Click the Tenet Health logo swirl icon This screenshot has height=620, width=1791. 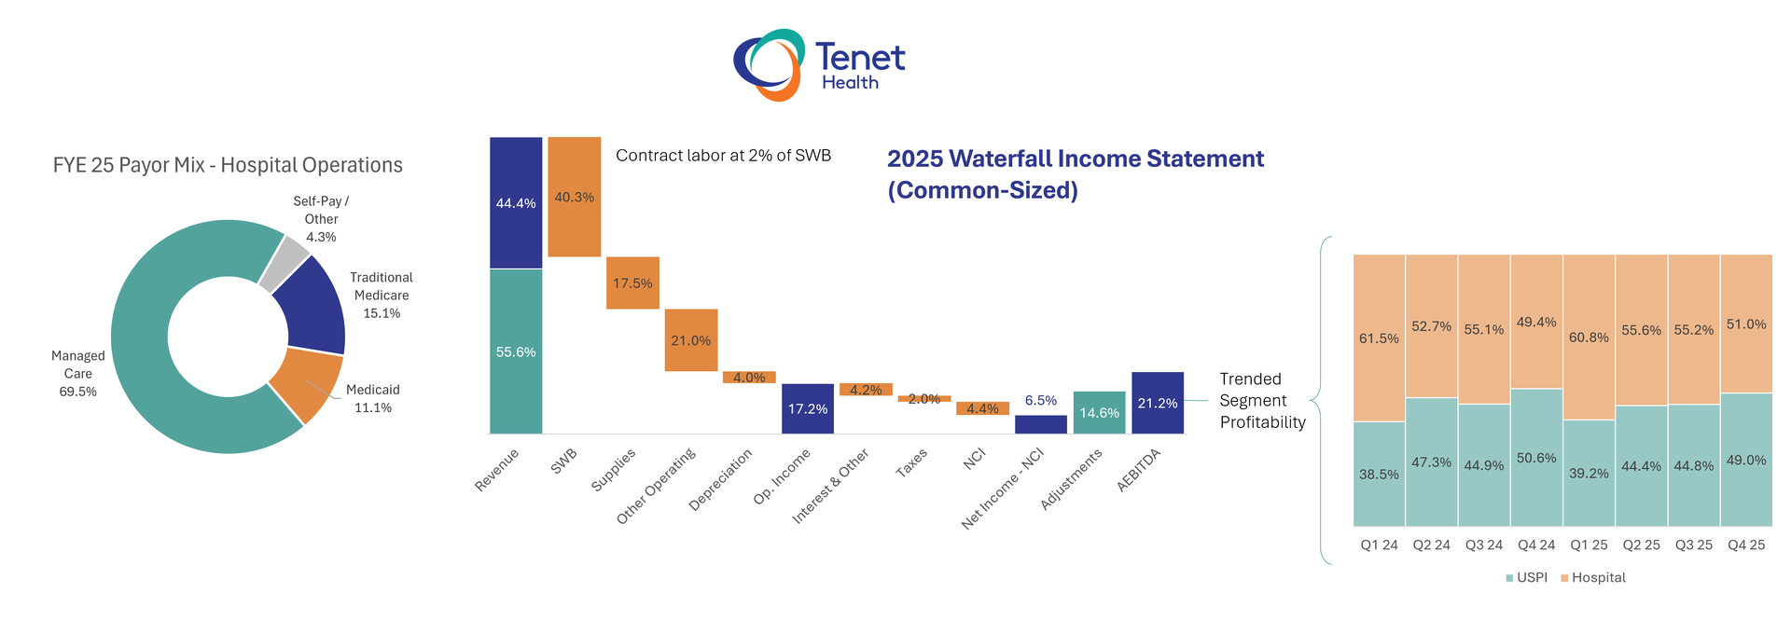(x=769, y=64)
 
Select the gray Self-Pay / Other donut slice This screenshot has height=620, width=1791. (x=284, y=264)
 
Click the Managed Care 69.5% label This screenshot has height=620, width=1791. (x=77, y=374)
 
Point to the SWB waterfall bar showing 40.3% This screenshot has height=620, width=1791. (x=574, y=197)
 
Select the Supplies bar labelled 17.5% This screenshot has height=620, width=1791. (x=632, y=282)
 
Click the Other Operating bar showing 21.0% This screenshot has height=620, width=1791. (x=690, y=340)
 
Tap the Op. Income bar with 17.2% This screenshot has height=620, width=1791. (x=807, y=408)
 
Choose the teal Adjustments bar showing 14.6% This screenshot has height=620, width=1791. (x=1099, y=412)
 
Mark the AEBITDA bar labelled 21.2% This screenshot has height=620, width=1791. (x=1157, y=403)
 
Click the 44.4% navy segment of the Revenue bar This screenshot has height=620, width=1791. (x=516, y=202)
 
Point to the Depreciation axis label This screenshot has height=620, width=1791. (x=721, y=479)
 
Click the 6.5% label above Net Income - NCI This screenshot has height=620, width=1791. (x=1040, y=400)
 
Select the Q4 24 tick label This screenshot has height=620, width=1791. (x=1535, y=544)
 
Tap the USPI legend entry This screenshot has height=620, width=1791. (x=1526, y=577)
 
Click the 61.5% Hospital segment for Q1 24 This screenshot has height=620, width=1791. (x=1379, y=338)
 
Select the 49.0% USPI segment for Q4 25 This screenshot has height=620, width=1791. (x=1745, y=460)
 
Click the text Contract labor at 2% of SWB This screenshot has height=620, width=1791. (x=723, y=156)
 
